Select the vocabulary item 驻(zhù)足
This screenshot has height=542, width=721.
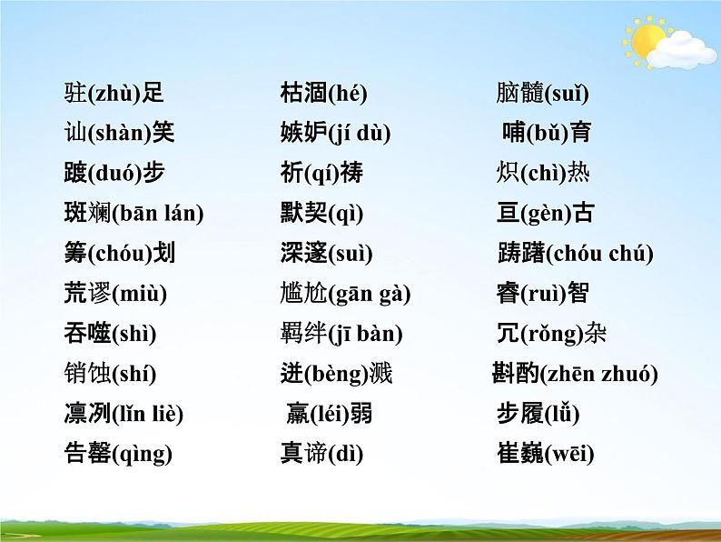coord(114,92)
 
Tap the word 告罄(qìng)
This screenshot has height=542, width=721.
coord(118,453)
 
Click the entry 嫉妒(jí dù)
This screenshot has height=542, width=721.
coord(335,133)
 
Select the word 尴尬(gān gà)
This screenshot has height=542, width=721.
coord(345,294)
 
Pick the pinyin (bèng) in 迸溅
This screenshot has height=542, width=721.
coord(337,373)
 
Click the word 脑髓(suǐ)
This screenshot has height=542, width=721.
coord(543,92)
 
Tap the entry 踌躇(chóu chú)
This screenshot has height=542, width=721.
coord(575,254)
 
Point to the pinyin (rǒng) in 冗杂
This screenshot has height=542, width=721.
coord(552,334)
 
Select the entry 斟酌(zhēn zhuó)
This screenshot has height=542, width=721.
coord(574,373)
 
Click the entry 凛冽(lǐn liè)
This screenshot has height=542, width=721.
coord(124,414)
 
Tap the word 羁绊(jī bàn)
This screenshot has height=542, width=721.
coord(341,334)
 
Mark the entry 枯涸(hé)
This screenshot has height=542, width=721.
coord(323,92)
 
